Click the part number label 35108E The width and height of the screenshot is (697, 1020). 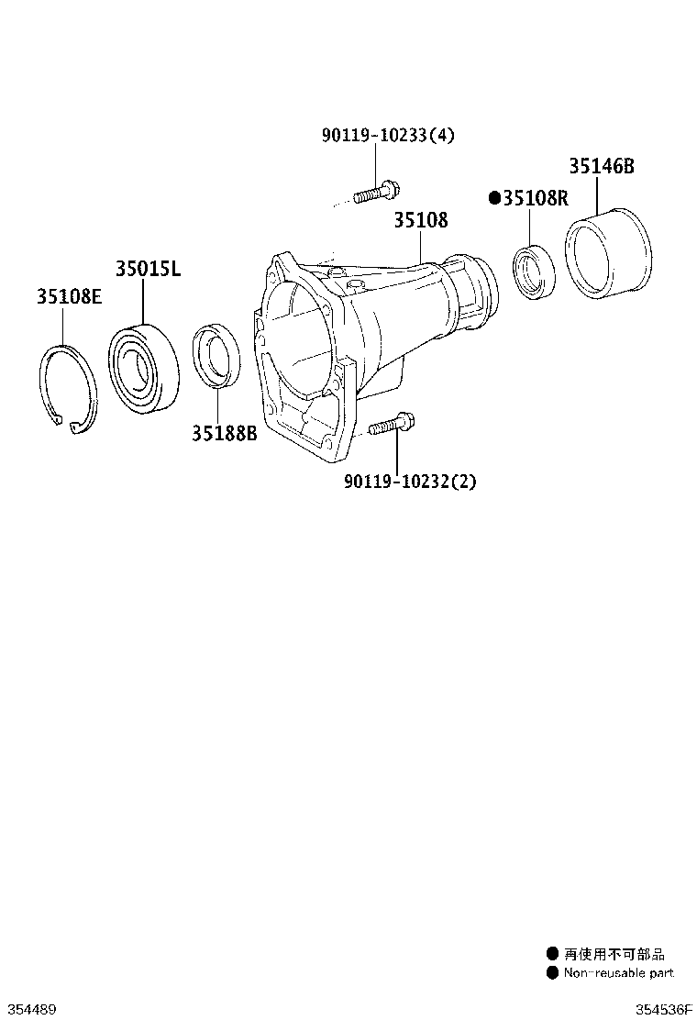[x=69, y=296]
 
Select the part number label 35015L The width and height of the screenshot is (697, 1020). [x=149, y=268]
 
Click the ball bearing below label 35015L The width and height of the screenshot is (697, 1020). [x=143, y=368]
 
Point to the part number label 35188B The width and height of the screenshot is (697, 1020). [x=225, y=433]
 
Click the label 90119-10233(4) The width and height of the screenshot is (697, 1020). [x=388, y=136]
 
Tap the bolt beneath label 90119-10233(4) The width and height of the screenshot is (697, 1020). [x=376, y=193]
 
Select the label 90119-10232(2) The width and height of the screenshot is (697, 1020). [x=410, y=482]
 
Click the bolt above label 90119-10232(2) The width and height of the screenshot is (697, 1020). [x=393, y=425]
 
